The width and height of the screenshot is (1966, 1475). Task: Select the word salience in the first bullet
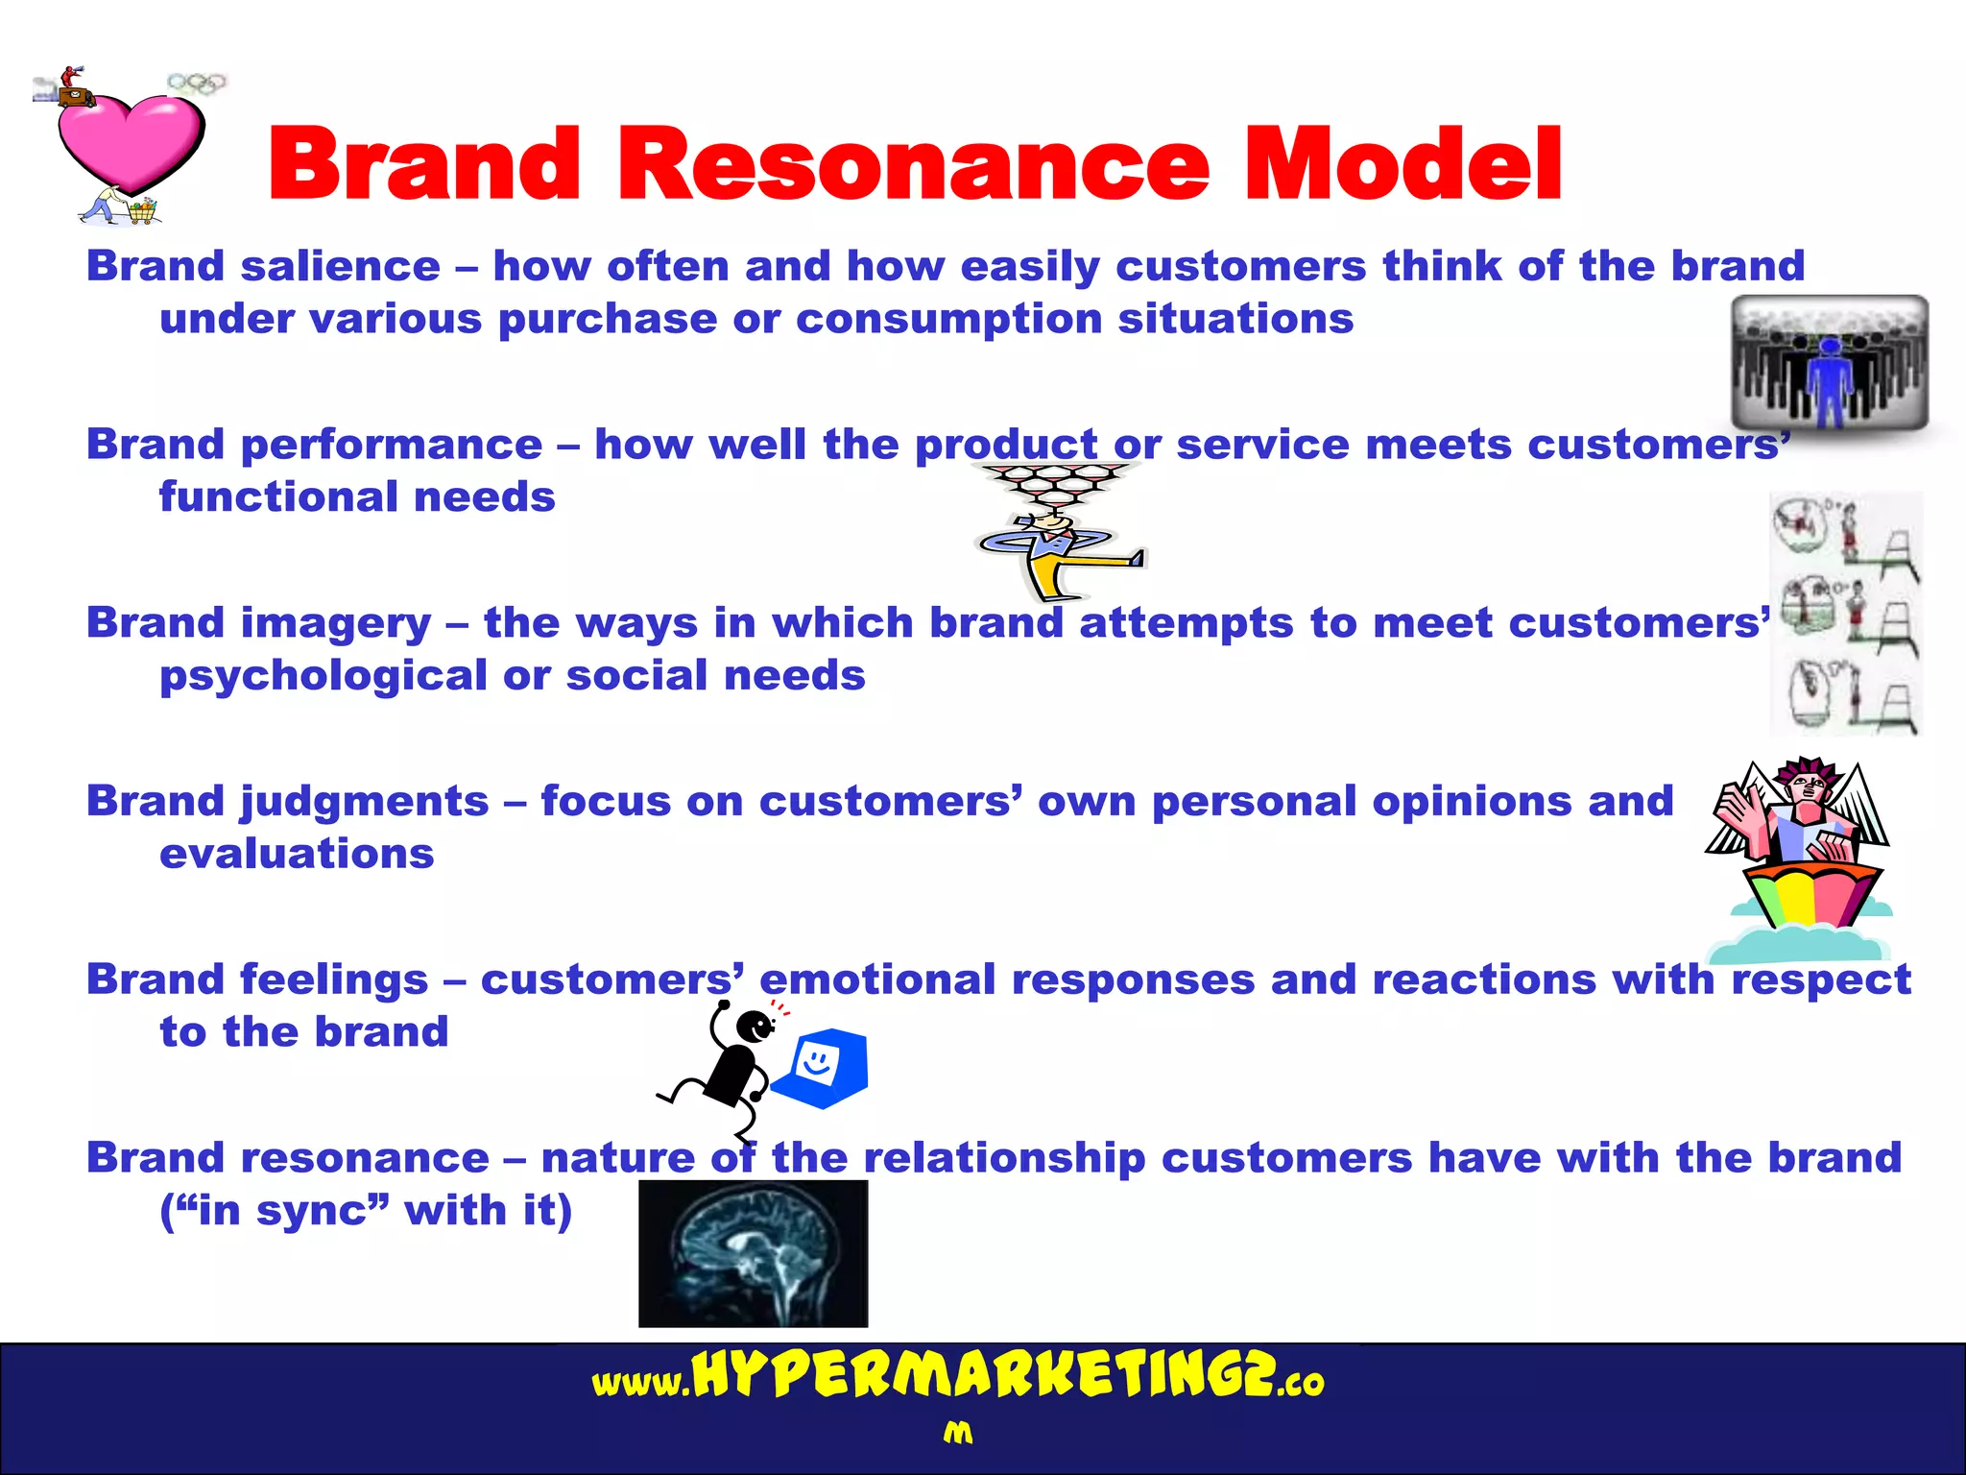pos(340,267)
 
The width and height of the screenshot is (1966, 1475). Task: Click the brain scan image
pos(753,1253)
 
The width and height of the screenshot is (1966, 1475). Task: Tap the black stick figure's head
pos(755,1027)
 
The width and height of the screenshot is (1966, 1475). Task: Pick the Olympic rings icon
pos(197,84)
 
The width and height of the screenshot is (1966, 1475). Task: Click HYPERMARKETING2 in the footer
pos(983,1375)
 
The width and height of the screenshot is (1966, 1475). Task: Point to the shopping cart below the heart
pos(142,210)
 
